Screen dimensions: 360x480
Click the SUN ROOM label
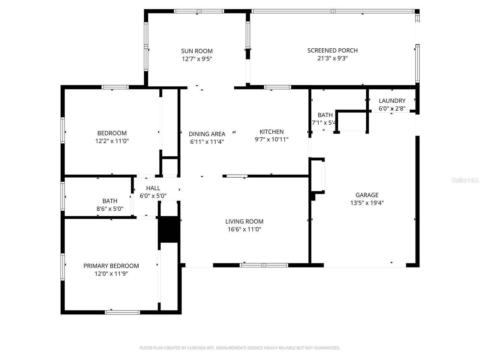[x=197, y=51]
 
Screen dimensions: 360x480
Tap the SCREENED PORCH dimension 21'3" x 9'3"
[x=332, y=58]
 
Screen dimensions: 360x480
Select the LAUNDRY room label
[x=392, y=101]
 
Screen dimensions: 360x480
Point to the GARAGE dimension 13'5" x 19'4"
[x=367, y=203]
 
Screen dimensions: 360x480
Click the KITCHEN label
[x=271, y=132]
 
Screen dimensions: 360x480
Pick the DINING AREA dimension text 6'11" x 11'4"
[x=207, y=142]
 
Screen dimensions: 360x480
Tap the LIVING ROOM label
[x=244, y=221]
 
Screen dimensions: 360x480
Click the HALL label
[x=153, y=188]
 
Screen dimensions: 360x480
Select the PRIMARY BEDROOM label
[x=111, y=266]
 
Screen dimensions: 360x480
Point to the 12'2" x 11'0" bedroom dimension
[x=112, y=141]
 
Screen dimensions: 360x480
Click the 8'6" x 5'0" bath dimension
[x=110, y=209]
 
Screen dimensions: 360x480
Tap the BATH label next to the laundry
[x=325, y=115]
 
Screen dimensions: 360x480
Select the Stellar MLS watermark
[x=465, y=180]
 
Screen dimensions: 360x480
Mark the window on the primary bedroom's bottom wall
[x=122, y=312]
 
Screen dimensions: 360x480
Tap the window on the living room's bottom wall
[x=264, y=265]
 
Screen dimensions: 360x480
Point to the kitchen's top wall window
[x=277, y=87]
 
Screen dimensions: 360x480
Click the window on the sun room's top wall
[x=199, y=11]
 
